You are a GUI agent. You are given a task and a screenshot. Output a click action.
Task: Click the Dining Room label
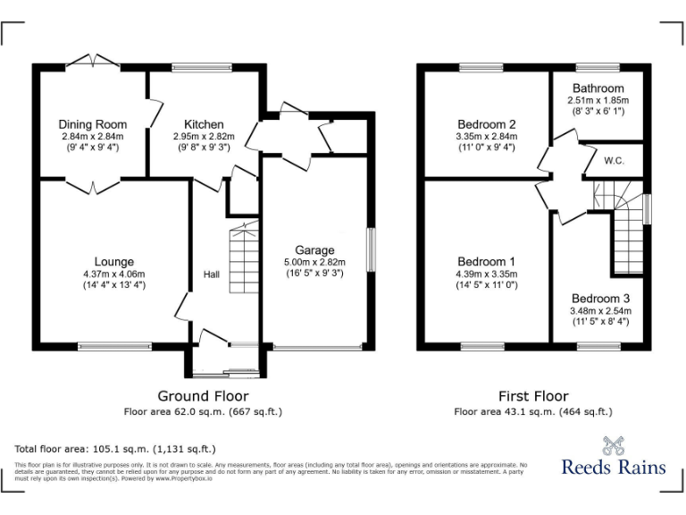(93, 124)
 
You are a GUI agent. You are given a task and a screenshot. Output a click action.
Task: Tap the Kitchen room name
(204, 124)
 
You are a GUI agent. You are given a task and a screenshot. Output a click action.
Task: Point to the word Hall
(211, 274)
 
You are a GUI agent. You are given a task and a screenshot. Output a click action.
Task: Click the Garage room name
(315, 250)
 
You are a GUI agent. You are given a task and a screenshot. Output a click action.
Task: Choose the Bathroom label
(598, 89)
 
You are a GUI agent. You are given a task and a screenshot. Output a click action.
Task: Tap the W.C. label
(614, 162)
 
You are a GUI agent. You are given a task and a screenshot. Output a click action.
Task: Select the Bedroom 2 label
(487, 124)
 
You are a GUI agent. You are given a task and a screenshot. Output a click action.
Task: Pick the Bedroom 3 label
(601, 299)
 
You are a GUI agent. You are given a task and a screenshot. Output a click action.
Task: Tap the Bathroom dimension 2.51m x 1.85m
(598, 100)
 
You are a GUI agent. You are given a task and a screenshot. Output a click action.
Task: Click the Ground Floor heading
(203, 396)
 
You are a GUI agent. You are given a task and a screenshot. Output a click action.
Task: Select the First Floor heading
(532, 396)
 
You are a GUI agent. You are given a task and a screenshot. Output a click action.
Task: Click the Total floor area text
(115, 449)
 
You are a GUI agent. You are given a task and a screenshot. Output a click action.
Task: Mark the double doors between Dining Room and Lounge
(93, 185)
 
